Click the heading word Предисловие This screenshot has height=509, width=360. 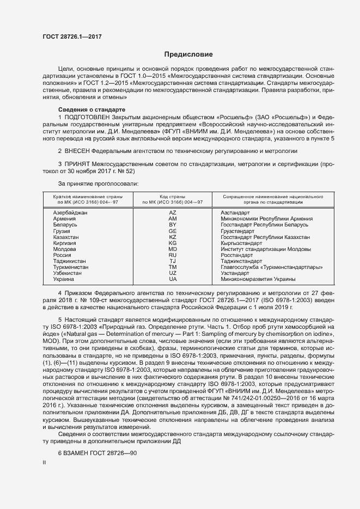(188, 54)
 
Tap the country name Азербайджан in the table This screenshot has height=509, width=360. (70, 212)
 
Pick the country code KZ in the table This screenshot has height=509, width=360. (173, 237)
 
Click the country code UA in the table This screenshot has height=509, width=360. (173, 279)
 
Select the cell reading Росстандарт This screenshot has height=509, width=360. (236, 254)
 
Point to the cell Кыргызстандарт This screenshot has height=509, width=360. (241, 244)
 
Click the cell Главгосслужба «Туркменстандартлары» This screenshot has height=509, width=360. (271, 267)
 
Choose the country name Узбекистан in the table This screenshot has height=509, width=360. (68, 273)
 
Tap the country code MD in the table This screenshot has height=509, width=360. (173, 249)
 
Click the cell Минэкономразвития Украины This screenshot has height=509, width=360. (258, 279)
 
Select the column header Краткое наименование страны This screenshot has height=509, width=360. (87, 196)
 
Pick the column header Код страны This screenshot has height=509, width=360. (172, 196)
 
